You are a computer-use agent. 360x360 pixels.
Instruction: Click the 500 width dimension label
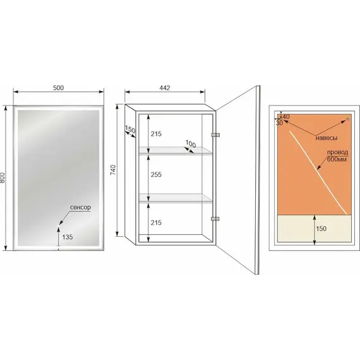pyautogui.click(x=58, y=88)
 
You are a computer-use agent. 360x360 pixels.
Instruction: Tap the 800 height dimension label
pyautogui.click(x=3, y=177)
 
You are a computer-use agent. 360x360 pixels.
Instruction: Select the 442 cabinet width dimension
pyautogui.click(x=165, y=88)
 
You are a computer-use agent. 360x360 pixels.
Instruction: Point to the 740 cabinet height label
pyautogui.click(x=114, y=170)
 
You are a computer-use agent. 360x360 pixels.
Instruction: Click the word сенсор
pyautogui.click(x=80, y=207)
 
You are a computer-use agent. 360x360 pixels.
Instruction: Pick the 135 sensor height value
pyautogui.click(x=68, y=237)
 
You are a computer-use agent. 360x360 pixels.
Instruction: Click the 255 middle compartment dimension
pyautogui.click(x=156, y=174)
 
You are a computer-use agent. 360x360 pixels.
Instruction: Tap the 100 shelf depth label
pyautogui.click(x=191, y=144)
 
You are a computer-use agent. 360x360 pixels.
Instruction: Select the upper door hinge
pyautogui.click(x=215, y=135)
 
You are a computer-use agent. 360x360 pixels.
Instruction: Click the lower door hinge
pyautogui.click(x=215, y=219)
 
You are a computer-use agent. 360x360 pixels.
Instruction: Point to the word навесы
pyautogui.click(x=327, y=138)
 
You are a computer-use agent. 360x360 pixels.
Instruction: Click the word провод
pyautogui.click(x=337, y=152)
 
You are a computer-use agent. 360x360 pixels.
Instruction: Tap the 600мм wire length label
pyautogui.click(x=337, y=159)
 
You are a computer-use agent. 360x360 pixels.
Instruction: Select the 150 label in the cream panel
pyautogui.click(x=321, y=229)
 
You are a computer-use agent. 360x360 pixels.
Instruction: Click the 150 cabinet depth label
pyautogui.click(x=130, y=129)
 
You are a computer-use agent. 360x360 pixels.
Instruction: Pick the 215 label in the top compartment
pyautogui.click(x=156, y=134)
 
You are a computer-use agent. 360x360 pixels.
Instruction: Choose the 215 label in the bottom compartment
pyautogui.click(x=156, y=222)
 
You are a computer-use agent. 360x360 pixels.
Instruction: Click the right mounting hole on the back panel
pyautogui.click(x=347, y=119)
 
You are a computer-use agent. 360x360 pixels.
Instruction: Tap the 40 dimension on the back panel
pyautogui.click(x=286, y=116)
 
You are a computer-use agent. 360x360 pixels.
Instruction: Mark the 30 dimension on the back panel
pyautogui.click(x=279, y=123)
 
